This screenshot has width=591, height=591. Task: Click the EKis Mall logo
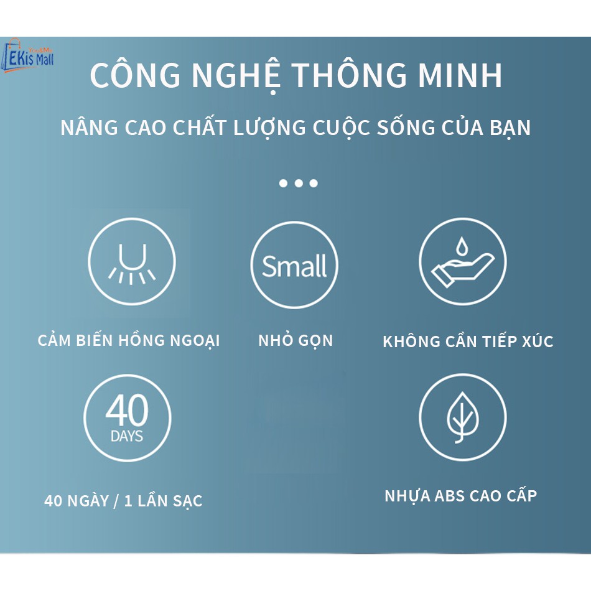click(28, 56)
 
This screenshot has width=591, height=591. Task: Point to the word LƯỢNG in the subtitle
click(269, 128)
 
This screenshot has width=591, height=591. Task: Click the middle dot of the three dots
click(299, 183)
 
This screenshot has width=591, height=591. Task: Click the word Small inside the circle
click(294, 266)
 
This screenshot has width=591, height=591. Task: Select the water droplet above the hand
click(461, 246)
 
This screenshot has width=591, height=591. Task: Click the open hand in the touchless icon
click(462, 270)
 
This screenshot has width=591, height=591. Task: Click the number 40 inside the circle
click(127, 410)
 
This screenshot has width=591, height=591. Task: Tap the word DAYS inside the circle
click(127, 436)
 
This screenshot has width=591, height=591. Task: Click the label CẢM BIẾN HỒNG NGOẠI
click(129, 340)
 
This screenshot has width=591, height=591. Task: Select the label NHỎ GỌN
click(296, 341)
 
